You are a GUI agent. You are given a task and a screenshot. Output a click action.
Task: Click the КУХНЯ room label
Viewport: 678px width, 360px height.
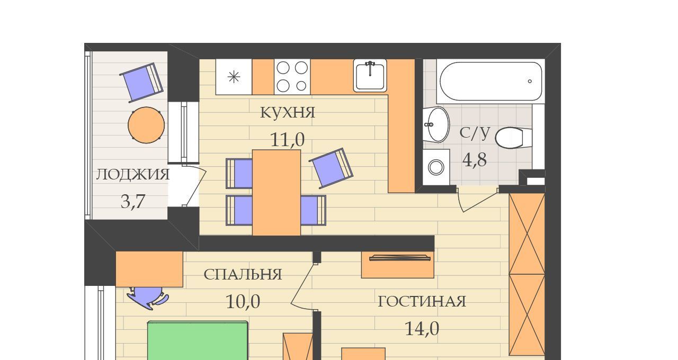tap(288, 112)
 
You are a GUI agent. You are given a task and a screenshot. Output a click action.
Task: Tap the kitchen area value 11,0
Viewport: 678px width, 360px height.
tap(287, 140)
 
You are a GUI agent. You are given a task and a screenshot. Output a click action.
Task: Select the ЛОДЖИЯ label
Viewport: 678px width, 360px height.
tap(133, 175)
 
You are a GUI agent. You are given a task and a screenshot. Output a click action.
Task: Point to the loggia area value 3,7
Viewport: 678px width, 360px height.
tap(133, 202)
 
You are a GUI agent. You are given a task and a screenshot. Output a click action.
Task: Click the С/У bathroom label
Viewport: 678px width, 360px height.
tap(475, 133)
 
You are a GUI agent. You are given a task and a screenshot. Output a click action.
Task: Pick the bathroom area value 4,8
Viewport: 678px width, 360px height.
tap(475, 160)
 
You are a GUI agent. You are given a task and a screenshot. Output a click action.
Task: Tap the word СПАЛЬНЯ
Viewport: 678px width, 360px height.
tap(243, 275)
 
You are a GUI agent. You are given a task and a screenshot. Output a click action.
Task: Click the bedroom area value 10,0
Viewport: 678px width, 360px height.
tap(243, 302)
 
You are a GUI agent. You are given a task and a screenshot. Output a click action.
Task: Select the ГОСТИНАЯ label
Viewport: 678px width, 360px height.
tap(422, 302)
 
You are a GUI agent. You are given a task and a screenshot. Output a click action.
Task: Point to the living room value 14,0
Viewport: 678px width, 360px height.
tap(422, 329)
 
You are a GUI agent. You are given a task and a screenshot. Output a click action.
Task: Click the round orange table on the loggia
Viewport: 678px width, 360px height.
tap(146, 125)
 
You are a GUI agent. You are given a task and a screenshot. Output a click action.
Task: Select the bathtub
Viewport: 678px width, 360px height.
tap(490, 82)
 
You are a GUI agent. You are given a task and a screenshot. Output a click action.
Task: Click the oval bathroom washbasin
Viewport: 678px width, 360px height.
tap(436, 124)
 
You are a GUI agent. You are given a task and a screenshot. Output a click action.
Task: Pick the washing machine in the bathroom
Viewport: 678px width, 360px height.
tap(436, 167)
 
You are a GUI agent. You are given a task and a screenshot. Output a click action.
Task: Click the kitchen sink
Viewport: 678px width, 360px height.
tap(370, 76)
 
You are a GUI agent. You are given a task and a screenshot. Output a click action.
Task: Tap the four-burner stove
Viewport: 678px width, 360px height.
tap(292, 77)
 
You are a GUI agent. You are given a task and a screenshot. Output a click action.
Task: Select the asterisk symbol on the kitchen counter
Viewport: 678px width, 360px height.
tap(234, 77)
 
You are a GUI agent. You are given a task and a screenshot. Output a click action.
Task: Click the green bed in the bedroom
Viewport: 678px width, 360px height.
tap(198, 341)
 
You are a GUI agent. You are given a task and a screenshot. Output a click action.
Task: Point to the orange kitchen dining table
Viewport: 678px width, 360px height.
tap(276, 192)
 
